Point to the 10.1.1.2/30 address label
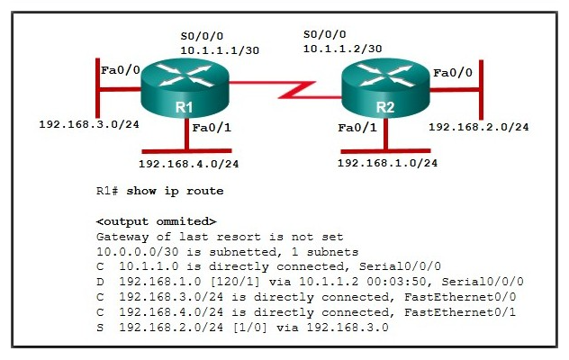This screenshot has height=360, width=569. click(x=343, y=48)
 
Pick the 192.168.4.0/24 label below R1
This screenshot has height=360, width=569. click(x=189, y=164)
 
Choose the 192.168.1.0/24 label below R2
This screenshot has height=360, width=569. click(x=387, y=163)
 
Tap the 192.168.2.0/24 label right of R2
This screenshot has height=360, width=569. click(x=478, y=127)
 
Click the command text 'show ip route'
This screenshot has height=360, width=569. click(x=175, y=191)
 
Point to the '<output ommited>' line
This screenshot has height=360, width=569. click(x=156, y=220)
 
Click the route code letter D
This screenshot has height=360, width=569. click(x=100, y=281)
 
